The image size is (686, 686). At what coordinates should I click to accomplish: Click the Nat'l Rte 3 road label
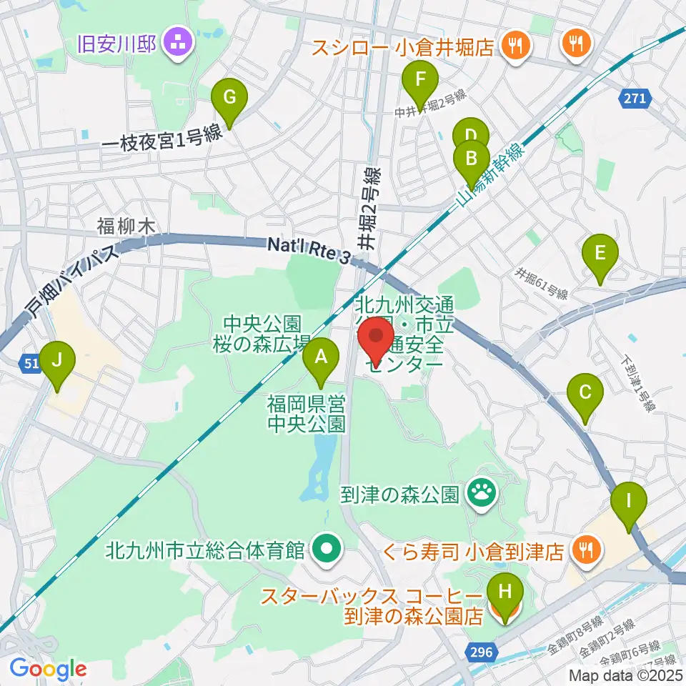coord(309,249)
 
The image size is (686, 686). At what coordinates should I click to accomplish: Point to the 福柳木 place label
coord(126,227)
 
